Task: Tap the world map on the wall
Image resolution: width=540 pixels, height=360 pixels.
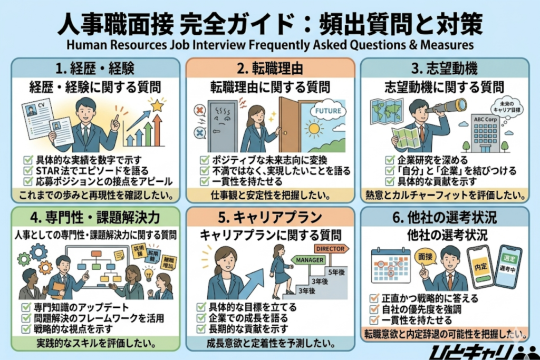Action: (386, 111)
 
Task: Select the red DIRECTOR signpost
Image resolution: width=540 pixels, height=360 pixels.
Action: (331, 248)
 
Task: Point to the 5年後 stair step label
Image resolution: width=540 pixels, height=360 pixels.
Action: (335, 273)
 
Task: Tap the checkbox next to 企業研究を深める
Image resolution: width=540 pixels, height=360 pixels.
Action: (390, 160)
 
